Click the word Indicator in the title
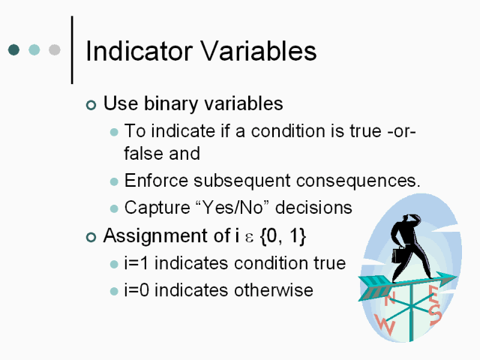click(x=139, y=51)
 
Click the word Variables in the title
click(x=258, y=51)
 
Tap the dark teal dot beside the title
click(x=13, y=49)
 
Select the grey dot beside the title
click(x=55, y=49)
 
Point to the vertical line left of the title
click(x=72, y=49)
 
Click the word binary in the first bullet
click(x=171, y=103)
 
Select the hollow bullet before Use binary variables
click(x=91, y=105)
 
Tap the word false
click(x=142, y=153)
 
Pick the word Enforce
click(x=156, y=180)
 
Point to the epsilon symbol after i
click(x=250, y=238)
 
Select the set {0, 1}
click(x=283, y=236)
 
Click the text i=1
click(x=136, y=263)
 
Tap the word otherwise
click(x=274, y=290)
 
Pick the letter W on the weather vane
click(x=385, y=325)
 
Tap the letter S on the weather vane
click(x=435, y=313)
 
